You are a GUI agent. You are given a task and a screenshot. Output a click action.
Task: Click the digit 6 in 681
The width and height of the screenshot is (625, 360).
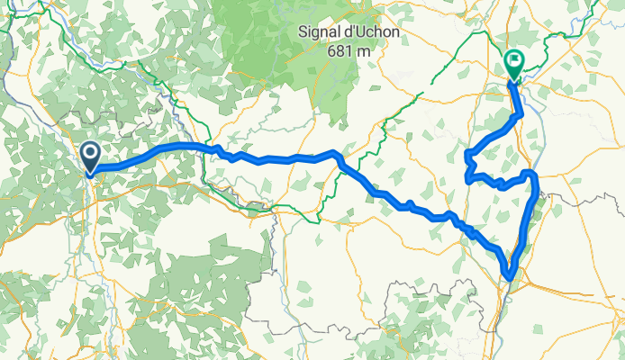coord(331,50)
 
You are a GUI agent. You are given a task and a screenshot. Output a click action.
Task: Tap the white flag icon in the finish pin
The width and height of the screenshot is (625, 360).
coord(513,60)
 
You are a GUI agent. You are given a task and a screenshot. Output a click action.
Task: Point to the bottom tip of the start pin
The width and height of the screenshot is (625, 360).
coord(91,174)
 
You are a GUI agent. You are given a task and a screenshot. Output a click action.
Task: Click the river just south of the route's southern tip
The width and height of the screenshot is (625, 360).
coord(501,297)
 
